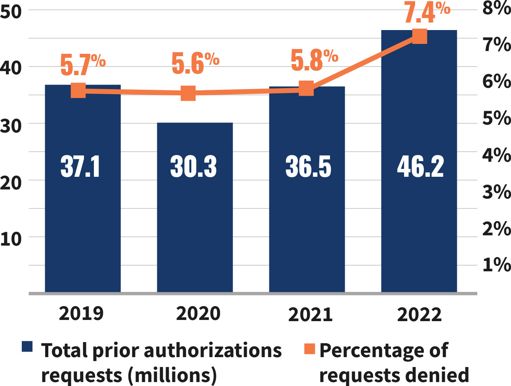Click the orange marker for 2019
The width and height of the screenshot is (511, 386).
click(x=78, y=91)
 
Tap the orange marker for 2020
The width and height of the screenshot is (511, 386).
click(x=189, y=94)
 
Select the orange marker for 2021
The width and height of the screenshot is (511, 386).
click(x=306, y=89)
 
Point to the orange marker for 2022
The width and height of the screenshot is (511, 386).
click(x=419, y=36)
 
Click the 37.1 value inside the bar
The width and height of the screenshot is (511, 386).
click(x=81, y=167)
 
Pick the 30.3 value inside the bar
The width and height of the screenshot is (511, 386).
click(x=193, y=167)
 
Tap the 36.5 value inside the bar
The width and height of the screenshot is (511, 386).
click(x=308, y=167)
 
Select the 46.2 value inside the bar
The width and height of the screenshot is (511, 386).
click(x=420, y=167)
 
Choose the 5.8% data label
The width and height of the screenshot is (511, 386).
click(x=314, y=60)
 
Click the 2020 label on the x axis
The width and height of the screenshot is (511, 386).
click(x=198, y=314)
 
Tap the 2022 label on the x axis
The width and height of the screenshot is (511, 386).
click(x=419, y=315)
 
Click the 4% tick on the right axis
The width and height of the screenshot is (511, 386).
click(x=496, y=155)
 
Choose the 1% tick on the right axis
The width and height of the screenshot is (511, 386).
click(x=496, y=264)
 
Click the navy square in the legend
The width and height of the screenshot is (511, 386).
click(x=27, y=346)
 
